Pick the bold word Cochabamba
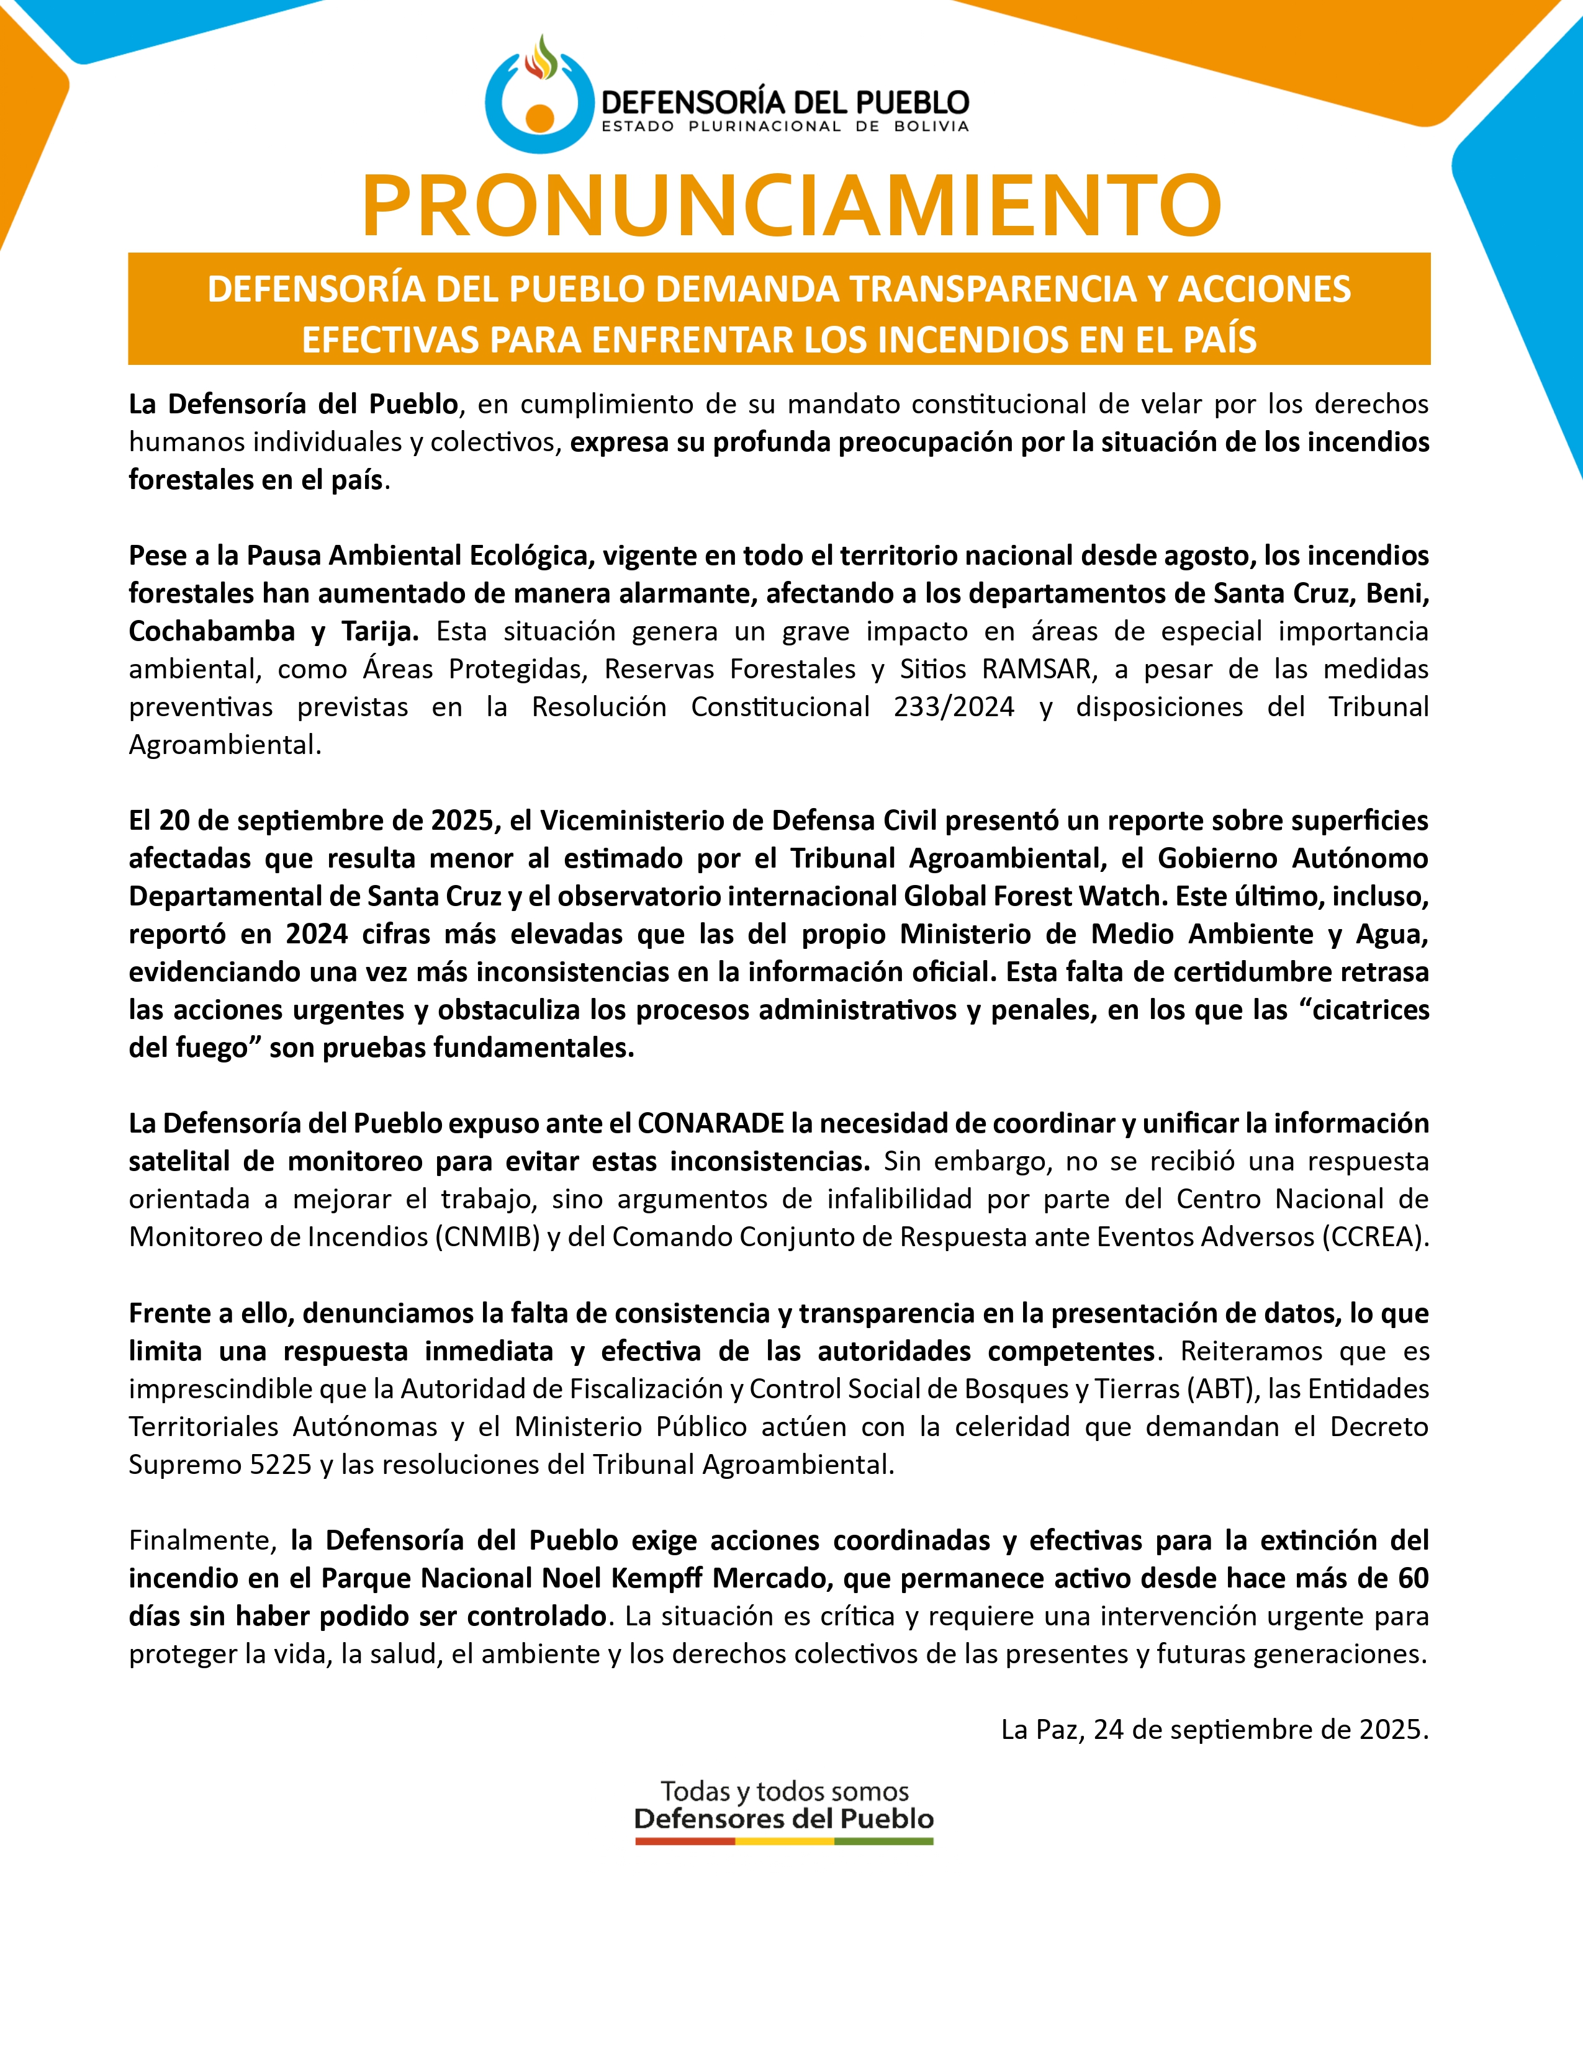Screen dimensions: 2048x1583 [212, 631]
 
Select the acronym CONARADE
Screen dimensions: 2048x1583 [711, 1123]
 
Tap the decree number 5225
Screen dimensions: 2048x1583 [281, 1464]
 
